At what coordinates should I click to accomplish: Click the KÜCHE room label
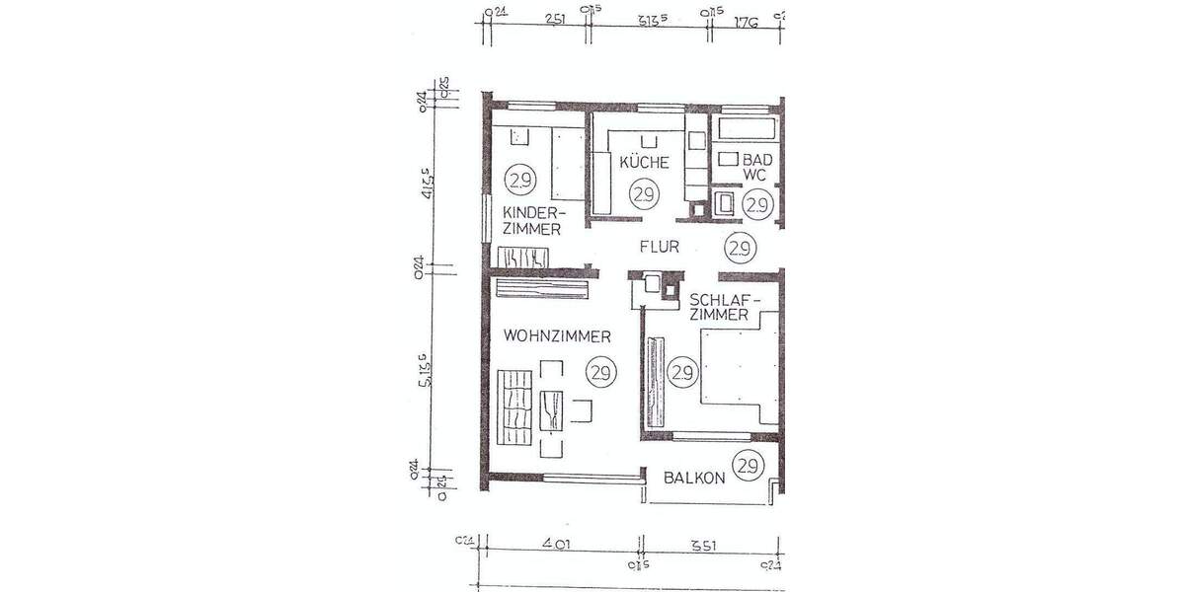(645, 162)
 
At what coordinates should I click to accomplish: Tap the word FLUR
(659, 248)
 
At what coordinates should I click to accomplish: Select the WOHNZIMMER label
(556, 336)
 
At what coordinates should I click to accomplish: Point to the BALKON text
(694, 478)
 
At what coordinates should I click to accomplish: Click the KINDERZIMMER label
(532, 221)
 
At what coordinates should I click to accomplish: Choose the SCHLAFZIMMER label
(719, 308)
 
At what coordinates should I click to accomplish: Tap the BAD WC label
(756, 166)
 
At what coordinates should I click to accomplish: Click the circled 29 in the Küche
(645, 193)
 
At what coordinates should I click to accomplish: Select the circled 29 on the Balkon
(748, 465)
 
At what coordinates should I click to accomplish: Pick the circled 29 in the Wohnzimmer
(599, 372)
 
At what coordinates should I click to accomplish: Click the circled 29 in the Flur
(738, 247)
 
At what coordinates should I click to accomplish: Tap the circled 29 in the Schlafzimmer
(681, 372)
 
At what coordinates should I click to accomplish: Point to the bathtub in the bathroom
(748, 129)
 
